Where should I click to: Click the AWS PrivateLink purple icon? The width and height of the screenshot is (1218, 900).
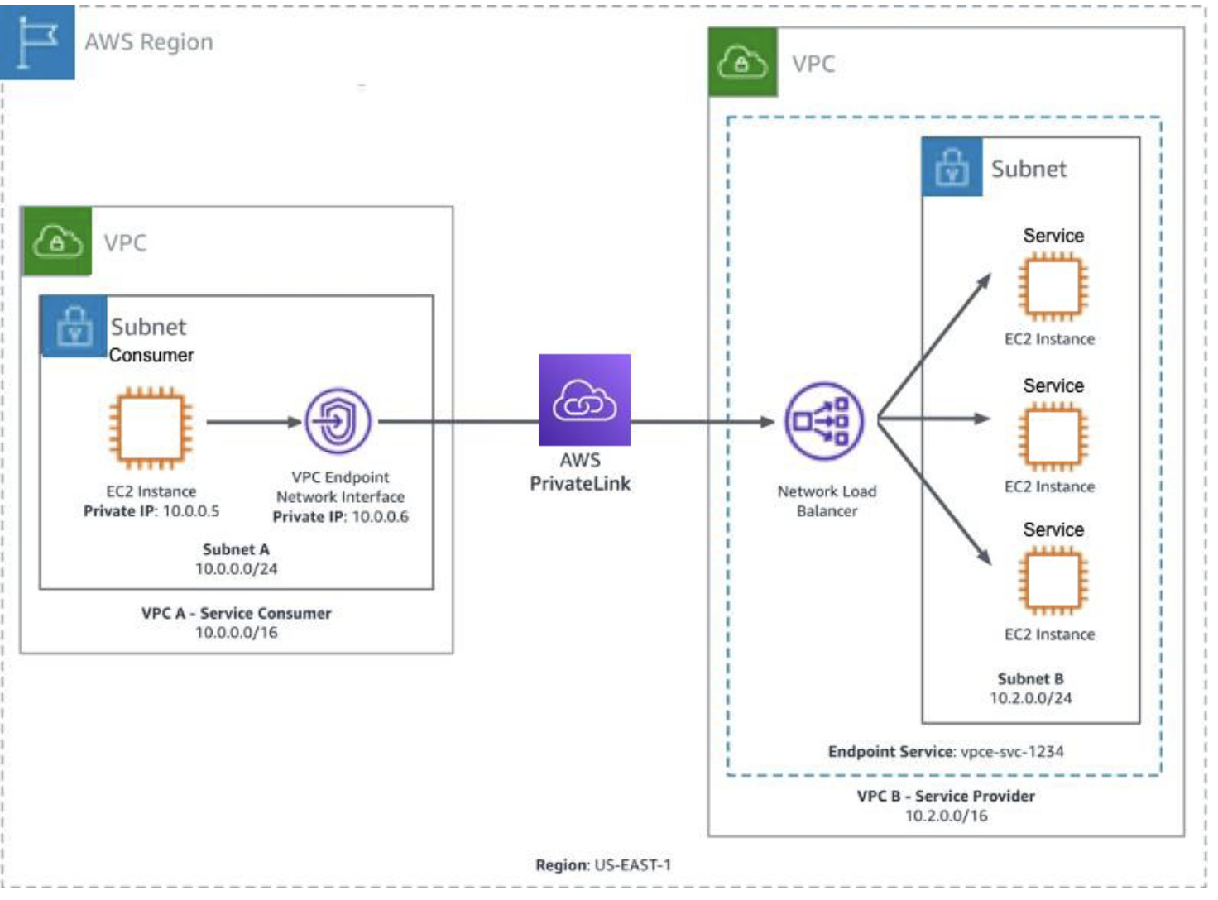584,400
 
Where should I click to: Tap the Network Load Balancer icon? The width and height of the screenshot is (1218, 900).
823,420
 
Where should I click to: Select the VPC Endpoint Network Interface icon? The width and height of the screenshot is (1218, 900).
338,421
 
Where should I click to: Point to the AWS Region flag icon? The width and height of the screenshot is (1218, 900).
37,41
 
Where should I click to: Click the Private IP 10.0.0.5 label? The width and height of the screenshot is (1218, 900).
151,511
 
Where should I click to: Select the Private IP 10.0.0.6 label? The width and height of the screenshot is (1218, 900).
340,517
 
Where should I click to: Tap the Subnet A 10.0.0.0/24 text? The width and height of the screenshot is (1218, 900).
236,559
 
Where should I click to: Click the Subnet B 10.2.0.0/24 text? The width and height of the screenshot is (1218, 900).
1030,688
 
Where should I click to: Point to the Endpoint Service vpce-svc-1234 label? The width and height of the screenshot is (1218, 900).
946,752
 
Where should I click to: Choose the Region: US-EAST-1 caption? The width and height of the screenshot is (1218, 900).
603,865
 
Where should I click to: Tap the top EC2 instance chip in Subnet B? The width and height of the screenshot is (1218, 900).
1053,288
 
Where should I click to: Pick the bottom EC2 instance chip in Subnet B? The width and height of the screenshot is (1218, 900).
1053,582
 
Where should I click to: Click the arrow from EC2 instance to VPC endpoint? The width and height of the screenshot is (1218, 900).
253,422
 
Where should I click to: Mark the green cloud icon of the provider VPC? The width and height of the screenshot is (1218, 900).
742,62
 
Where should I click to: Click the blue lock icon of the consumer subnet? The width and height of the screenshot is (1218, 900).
74,326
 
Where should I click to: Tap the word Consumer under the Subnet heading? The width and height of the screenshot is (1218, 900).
151,356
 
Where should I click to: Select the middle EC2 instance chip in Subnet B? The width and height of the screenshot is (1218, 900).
1053,436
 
